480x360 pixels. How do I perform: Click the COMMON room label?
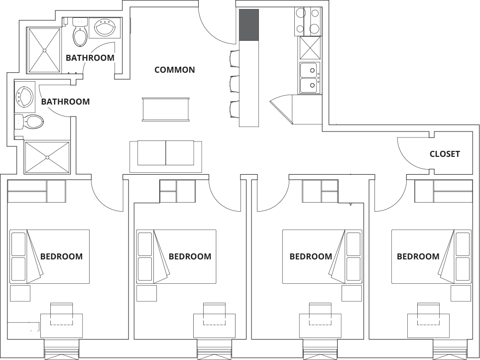click(x=174, y=70)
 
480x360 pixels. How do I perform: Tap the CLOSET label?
click(x=445, y=154)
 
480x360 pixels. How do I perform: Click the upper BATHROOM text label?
click(x=90, y=58)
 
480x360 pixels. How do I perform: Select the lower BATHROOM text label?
click(x=66, y=102)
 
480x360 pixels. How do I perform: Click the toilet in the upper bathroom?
click(x=80, y=32)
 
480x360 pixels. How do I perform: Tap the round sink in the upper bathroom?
click(x=105, y=27)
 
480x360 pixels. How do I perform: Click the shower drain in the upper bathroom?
click(x=45, y=50)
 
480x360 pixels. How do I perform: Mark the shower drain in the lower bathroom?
click(x=47, y=157)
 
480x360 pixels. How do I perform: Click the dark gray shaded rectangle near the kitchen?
click(x=249, y=25)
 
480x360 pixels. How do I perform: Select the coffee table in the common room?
click(x=166, y=109)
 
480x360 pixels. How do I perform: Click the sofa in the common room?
click(x=166, y=157)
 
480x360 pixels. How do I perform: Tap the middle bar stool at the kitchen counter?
click(x=235, y=84)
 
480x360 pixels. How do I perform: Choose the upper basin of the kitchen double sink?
click(x=310, y=70)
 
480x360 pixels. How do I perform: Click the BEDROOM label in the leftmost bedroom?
click(x=62, y=256)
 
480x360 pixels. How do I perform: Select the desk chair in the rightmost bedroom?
click(x=428, y=314)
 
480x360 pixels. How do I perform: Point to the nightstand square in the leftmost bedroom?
click(x=20, y=293)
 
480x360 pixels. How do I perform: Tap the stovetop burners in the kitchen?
click(x=308, y=21)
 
